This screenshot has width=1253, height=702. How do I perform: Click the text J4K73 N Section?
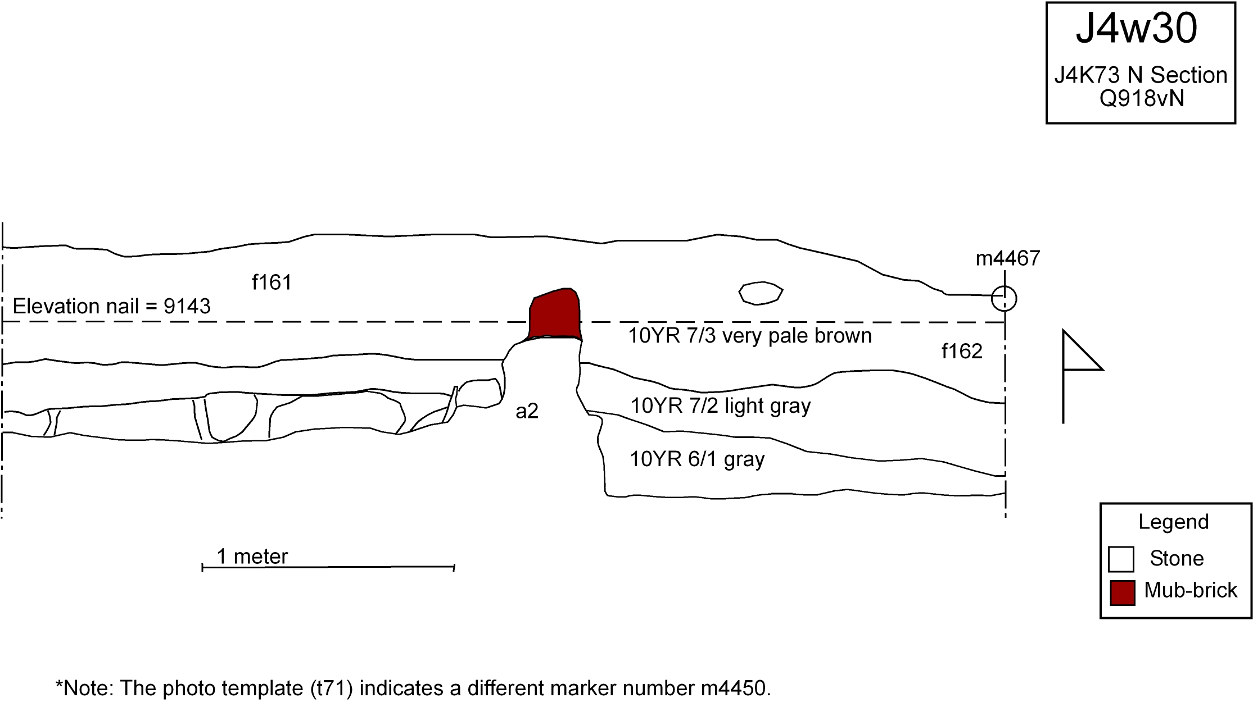(x=1141, y=75)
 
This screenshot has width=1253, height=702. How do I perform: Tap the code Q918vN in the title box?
(x=1141, y=99)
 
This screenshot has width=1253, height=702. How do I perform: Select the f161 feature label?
(x=272, y=282)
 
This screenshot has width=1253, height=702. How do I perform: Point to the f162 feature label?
(x=962, y=352)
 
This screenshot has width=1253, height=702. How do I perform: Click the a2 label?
(x=527, y=412)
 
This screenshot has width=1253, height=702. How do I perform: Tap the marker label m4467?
(x=1008, y=258)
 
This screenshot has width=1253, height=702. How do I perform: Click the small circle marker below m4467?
(x=1004, y=298)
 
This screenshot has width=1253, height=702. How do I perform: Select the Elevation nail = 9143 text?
(x=111, y=307)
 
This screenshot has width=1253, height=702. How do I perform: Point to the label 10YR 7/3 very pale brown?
(x=749, y=336)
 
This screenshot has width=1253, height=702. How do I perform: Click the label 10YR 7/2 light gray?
(x=720, y=405)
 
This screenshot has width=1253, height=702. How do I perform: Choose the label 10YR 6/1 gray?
(x=697, y=459)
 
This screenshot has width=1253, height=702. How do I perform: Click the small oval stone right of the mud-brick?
(x=761, y=293)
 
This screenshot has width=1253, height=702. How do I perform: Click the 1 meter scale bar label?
(x=252, y=557)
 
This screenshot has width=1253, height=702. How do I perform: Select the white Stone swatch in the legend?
(x=1121, y=559)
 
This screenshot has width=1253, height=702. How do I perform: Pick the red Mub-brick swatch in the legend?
(x=1122, y=593)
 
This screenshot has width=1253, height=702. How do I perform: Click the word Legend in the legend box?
(x=1174, y=522)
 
